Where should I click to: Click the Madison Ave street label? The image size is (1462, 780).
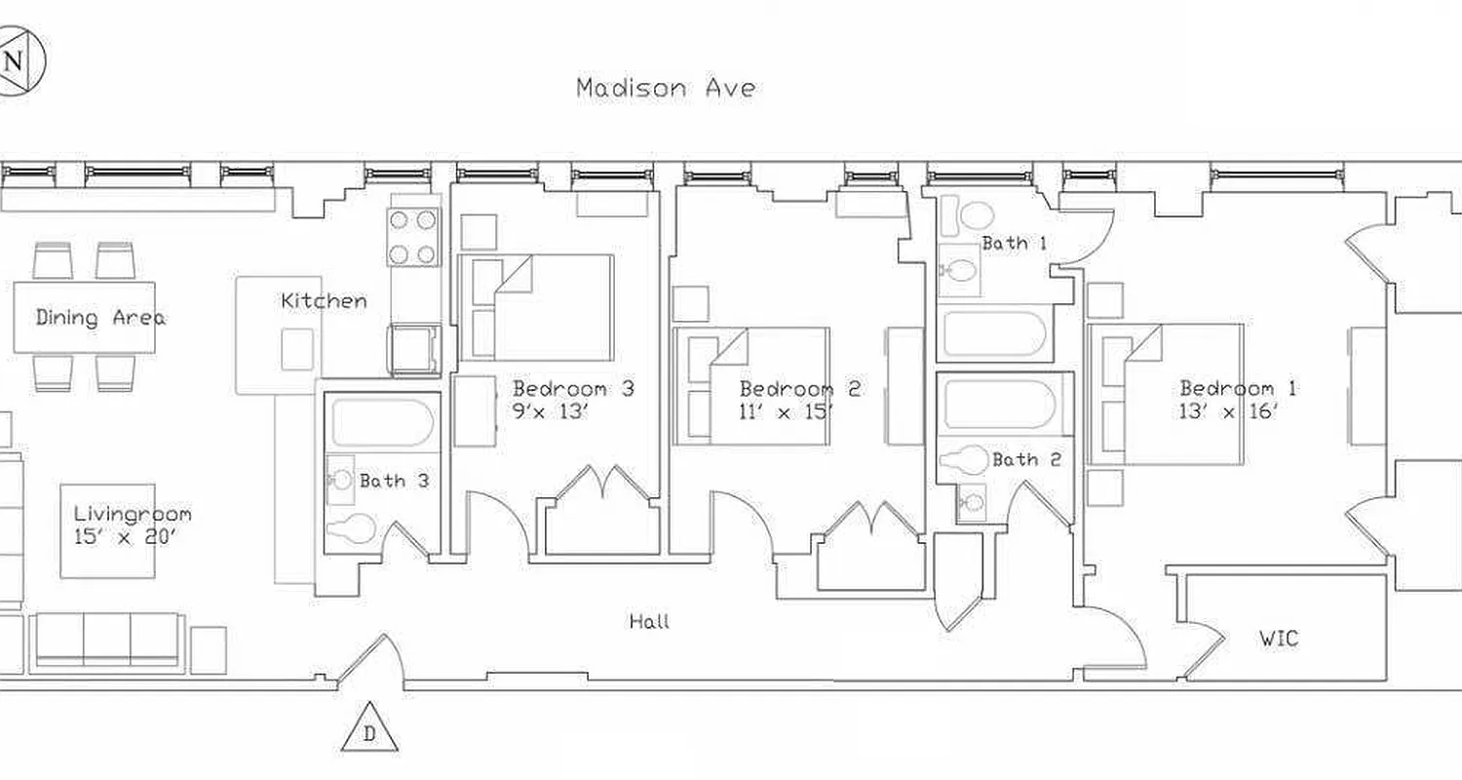coord(666,88)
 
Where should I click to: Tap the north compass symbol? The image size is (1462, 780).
coord(13,61)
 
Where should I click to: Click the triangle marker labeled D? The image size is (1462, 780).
coord(369,730)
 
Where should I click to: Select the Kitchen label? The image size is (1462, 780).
coord(324,300)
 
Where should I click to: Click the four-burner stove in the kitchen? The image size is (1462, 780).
coord(412,236)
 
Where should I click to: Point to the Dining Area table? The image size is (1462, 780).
coord(85,318)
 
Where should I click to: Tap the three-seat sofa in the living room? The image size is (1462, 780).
coord(107,640)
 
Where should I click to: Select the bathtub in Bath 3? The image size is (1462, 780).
coord(382,422)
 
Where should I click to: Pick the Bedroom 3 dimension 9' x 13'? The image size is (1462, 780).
coord(552,411)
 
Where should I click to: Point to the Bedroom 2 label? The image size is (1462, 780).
coord(799,388)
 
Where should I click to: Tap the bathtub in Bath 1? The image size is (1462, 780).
coord(994,333)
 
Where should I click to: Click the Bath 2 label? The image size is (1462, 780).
coord(1026,460)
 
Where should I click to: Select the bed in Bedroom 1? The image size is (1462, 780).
coord(1166,394)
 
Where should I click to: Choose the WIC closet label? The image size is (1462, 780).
coord(1278,640)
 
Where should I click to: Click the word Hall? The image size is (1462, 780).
coord(649,621)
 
